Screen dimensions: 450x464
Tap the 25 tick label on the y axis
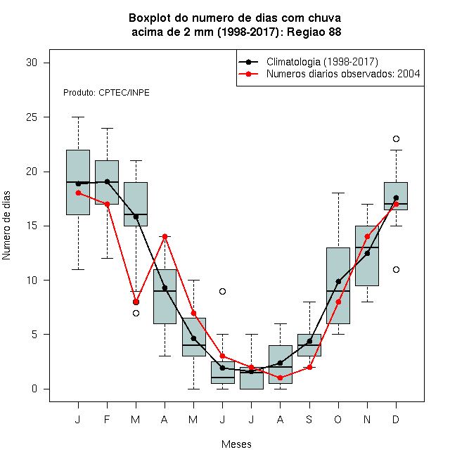point(32,117)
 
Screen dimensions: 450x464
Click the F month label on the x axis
point(107,419)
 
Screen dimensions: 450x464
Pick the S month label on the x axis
point(309,419)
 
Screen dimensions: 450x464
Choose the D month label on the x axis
point(396,419)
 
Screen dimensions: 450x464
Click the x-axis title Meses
point(236,444)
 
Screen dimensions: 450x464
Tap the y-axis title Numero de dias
point(6,226)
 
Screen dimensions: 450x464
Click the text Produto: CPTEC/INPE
point(106,93)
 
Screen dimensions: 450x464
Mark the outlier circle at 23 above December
point(396,138)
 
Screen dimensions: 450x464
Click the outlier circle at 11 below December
point(396,269)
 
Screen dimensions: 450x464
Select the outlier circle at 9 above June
point(223,292)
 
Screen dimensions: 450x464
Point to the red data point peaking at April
point(165,236)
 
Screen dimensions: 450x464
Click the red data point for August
point(280,378)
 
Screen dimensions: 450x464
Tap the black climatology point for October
point(338,281)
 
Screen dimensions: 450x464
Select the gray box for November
point(367,256)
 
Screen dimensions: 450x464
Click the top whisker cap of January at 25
point(79,117)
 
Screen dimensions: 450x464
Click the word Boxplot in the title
point(150,18)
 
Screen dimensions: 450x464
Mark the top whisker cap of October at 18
point(338,193)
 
